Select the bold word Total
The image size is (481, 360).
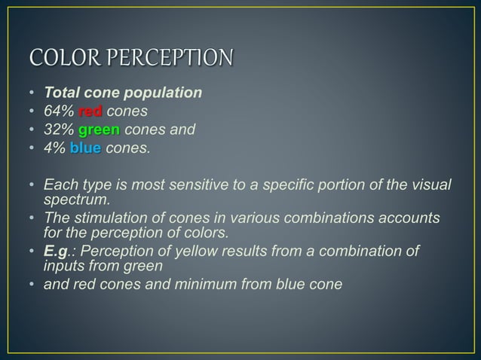click(x=63, y=93)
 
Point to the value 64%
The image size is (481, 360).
click(x=59, y=112)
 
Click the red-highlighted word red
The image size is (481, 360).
click(x=90, y=112)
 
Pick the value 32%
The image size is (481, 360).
click(x=59, y=130)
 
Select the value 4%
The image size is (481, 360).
click(x=55, y=148)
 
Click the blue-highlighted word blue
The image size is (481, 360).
click(x=85, y=148)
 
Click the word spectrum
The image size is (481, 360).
click(x=76, y=200)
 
